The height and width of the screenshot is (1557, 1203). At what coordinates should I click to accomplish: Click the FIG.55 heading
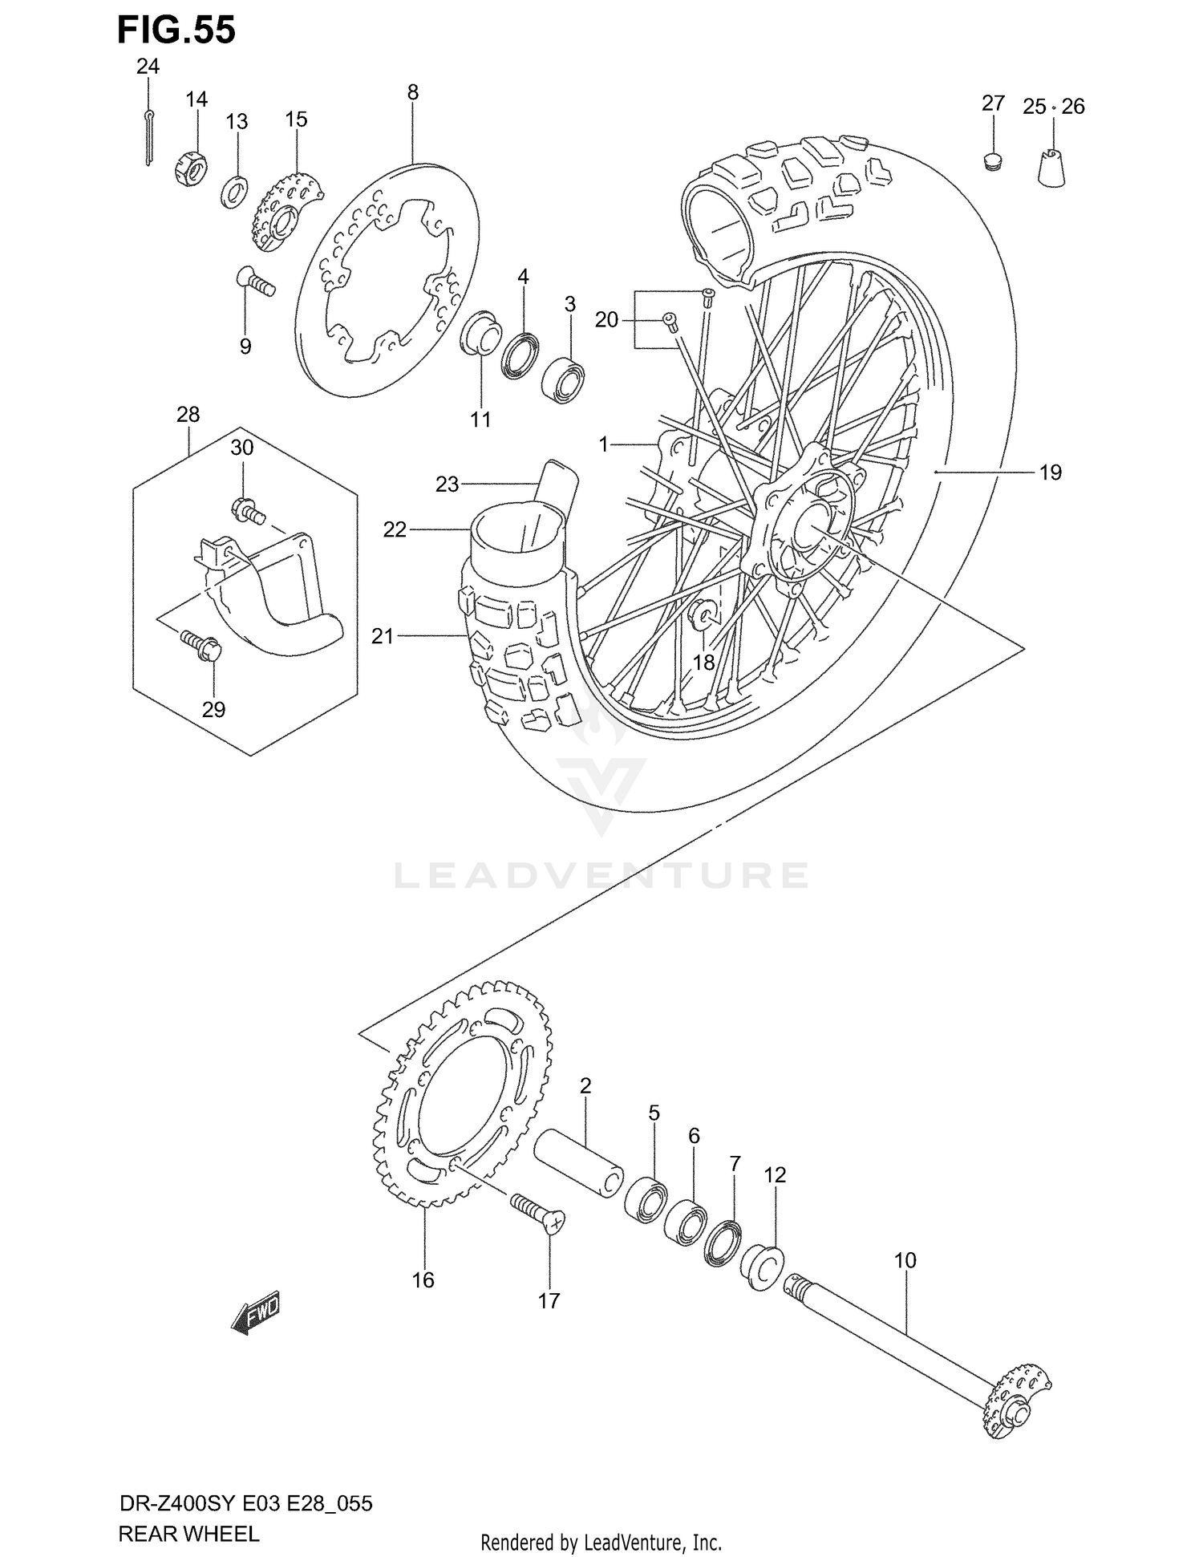point(176,30)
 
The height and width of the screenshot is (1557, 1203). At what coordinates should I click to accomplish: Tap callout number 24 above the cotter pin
point(148,67)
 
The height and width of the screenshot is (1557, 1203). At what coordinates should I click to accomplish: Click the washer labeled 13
point(234,193)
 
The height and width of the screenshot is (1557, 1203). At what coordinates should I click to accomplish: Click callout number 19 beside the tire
point(1050,472)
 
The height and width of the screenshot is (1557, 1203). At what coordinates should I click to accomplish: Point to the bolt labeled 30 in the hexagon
point(247,509)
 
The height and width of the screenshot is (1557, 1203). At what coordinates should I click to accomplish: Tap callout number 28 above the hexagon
point(188,415)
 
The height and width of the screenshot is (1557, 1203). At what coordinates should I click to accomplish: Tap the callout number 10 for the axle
point(905,1260)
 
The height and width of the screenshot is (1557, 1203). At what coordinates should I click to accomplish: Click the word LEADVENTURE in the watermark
point(601,875)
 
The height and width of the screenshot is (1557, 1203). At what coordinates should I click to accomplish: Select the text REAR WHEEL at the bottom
point(188,1535)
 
